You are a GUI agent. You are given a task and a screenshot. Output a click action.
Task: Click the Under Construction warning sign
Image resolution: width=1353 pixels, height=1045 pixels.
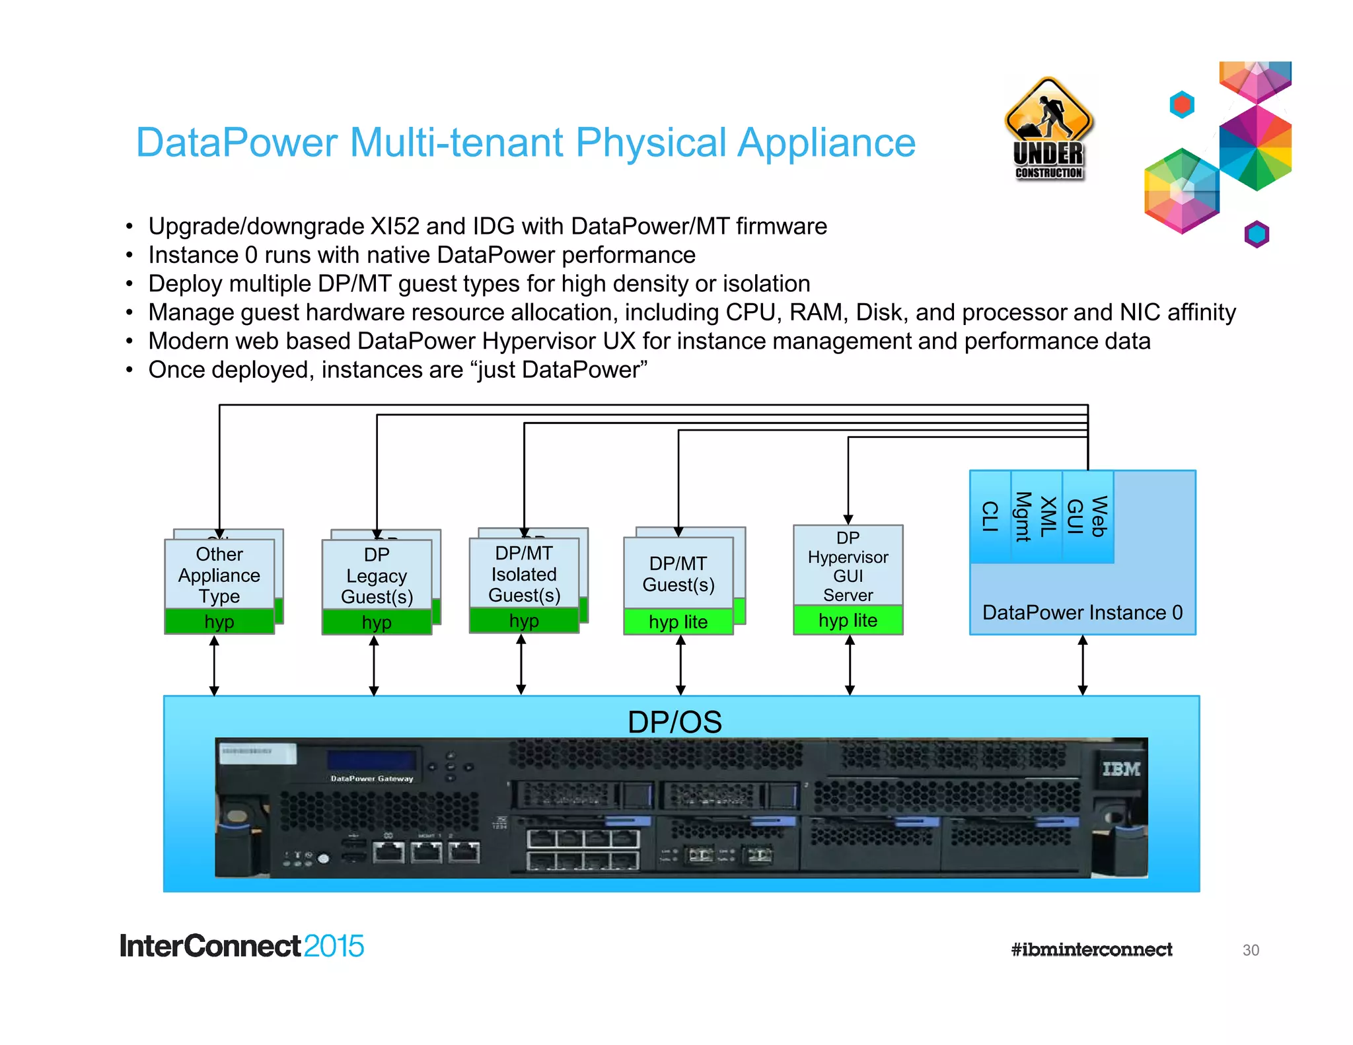click(x=1048, y=129)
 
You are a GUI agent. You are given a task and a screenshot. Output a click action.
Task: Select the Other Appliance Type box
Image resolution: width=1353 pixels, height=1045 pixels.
click(x=219, y=575)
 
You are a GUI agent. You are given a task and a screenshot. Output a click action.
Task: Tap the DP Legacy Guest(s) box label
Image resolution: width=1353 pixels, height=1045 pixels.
click(x=377, y=575)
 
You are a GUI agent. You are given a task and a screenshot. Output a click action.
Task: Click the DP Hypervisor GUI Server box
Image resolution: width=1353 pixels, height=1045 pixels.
click(x=848, y=566)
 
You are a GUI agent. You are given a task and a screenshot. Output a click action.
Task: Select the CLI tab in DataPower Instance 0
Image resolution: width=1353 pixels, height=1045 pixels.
click(x=990, y=517)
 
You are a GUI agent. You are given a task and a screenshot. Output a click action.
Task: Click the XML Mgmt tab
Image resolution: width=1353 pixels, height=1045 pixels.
click(x=1036, y=517)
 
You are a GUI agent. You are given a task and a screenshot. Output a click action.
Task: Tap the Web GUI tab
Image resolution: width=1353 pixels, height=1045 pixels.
click(x=1087, y=517)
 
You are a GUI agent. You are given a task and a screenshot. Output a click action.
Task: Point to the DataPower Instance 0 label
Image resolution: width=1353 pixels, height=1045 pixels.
click(x=1082, y=612)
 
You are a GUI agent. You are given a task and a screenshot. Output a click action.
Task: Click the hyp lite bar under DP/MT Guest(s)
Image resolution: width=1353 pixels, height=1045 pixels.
click(x=678, y=622)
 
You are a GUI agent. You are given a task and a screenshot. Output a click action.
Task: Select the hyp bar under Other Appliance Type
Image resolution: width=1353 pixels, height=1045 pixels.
click(x=219, y=622)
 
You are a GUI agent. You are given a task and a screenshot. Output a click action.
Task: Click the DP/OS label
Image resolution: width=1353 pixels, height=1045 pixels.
click(x=675, y=722)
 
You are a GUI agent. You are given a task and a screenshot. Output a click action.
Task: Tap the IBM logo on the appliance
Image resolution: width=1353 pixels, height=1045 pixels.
click(x=1121, y=769)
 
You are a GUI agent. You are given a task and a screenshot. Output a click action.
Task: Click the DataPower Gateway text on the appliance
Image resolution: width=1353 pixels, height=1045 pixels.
click(x=372, y=779)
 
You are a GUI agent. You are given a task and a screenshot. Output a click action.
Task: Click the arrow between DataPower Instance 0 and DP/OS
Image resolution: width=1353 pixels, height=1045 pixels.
click(x=1082, y=665)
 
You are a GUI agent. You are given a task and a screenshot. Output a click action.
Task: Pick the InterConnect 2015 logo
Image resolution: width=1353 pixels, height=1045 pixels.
click(x=242, y=946)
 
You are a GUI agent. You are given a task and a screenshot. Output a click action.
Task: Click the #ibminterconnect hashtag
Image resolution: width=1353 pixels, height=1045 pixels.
click(x=1091, y=950)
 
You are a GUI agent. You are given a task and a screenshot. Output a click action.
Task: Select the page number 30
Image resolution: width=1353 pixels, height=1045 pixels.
click(x=1251, y=950)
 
